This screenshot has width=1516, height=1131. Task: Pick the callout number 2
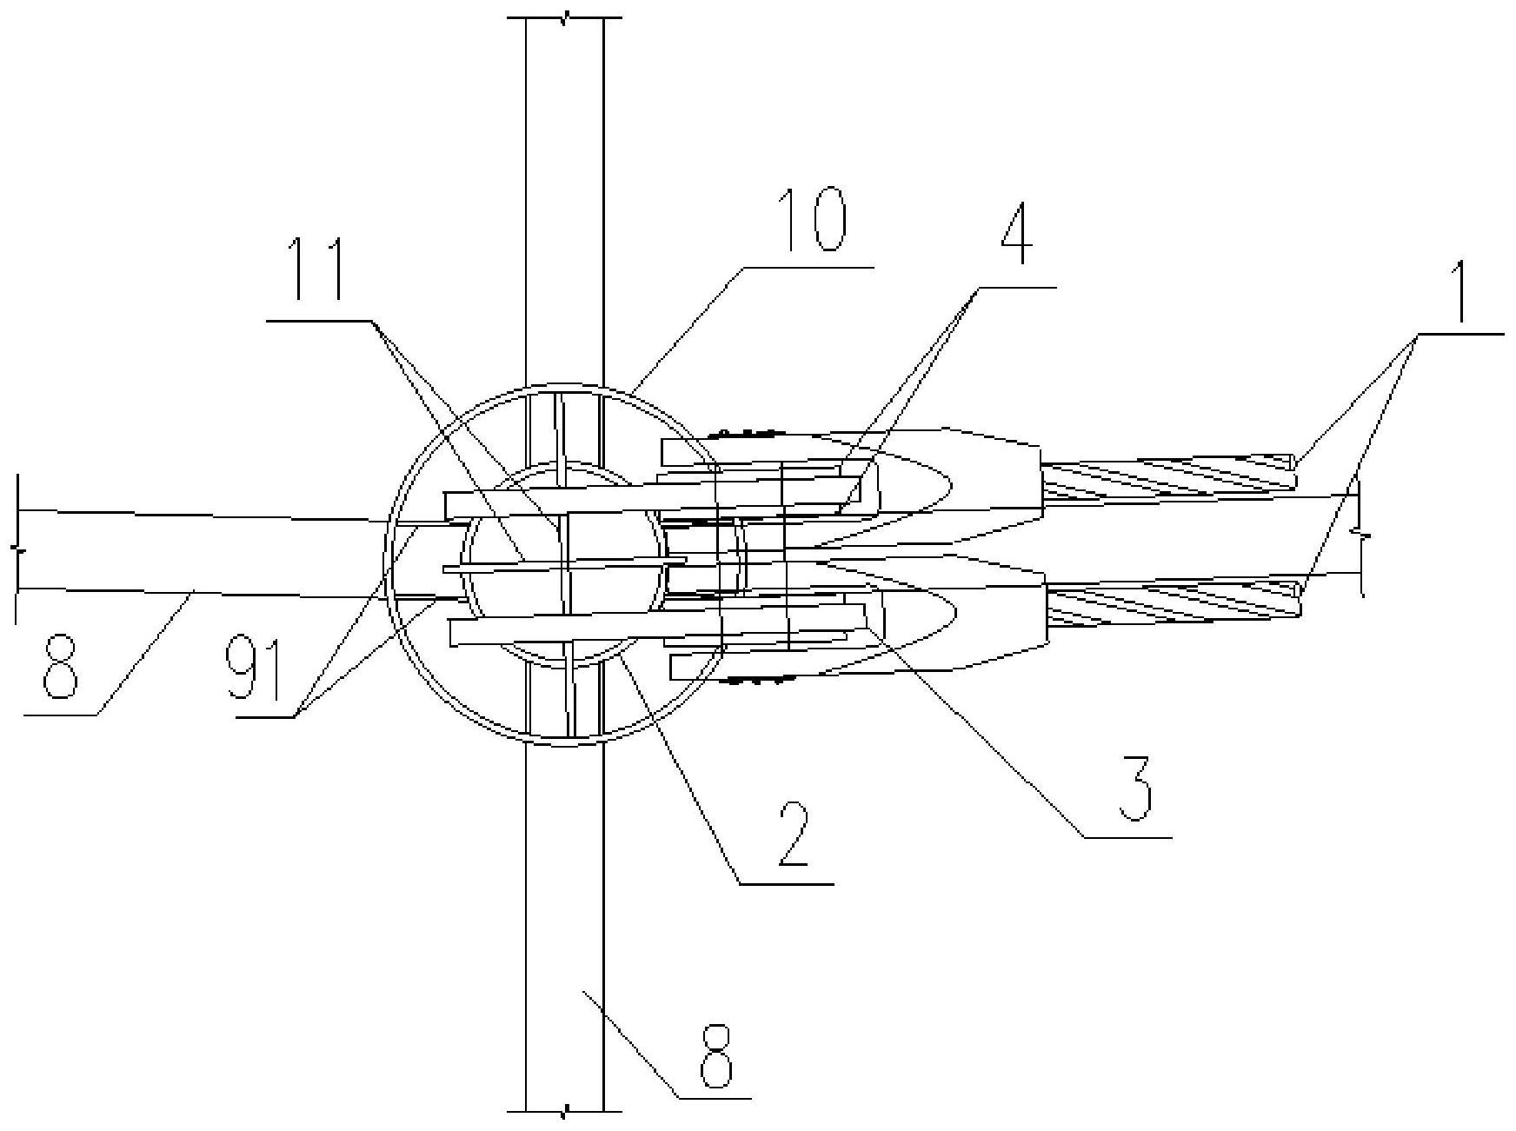pyautogui.click(x=795, y=835)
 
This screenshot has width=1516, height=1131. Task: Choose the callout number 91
pyautogui.click(x=253, y=670)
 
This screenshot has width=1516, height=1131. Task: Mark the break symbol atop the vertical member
pyautogui.click(x=565, y=18)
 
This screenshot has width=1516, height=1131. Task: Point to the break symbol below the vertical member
pyautogui.click(x=565, y=1111)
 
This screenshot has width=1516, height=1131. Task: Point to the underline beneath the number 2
pyautogui.click(x=787, y=883)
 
